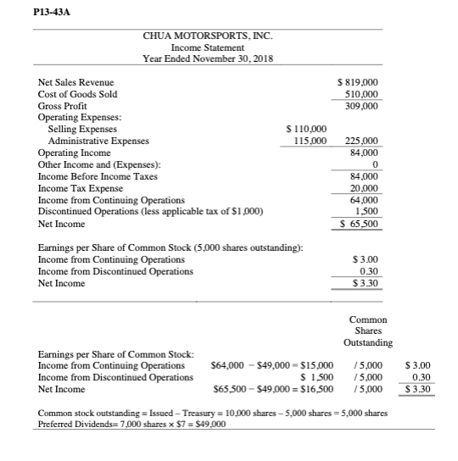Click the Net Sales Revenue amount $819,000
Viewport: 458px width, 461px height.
(358, 82)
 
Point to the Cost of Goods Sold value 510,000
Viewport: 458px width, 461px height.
(360, 94)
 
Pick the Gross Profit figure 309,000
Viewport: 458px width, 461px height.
(360, 106)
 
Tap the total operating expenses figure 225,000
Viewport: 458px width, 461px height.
(360, 141)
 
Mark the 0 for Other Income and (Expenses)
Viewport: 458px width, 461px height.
(373, 164)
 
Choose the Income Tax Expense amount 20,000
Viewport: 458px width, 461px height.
(363, 187)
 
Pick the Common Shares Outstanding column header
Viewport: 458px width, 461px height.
(367, 331)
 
